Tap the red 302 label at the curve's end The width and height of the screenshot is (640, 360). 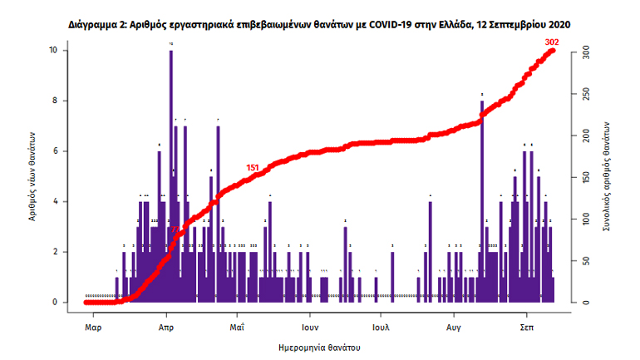(x=552, y=42)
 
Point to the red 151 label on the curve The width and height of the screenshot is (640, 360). (x=253, y=168)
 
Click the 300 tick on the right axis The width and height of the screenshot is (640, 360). (x=586, y=51)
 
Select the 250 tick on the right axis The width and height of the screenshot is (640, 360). (x=586, y=93)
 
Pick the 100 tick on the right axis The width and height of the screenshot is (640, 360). (x=586, y=219)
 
